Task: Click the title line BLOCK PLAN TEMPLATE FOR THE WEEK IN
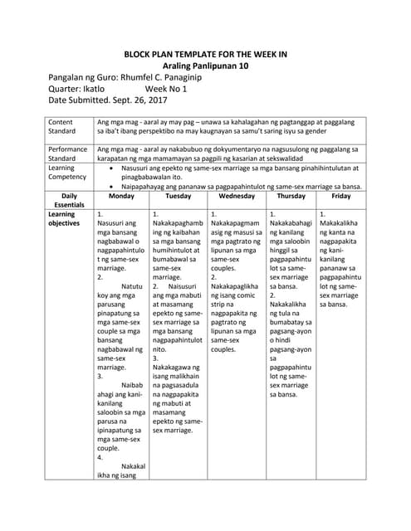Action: tap(205, 54)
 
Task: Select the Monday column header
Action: tap(121, 197)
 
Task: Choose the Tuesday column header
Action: tap(178, 197)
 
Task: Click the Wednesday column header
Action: tap(236, 197)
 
